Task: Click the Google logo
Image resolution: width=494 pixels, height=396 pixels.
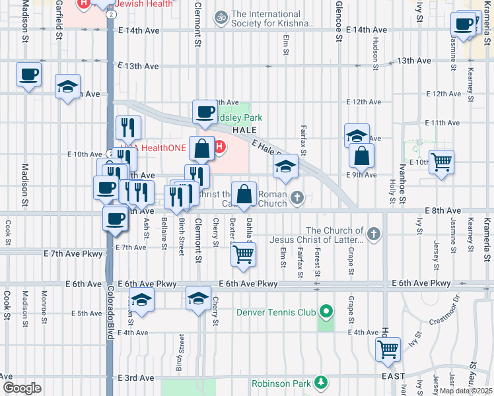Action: tap(21, 388)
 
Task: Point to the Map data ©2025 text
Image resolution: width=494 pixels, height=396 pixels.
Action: tap(466, 391)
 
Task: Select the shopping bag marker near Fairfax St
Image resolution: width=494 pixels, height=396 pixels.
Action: tap(361, 156)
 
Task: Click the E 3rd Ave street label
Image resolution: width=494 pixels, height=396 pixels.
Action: tap(136, 378)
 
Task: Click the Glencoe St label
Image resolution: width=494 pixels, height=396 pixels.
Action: tap(338, 20)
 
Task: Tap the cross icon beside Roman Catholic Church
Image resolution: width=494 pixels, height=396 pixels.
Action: tap(298, 197)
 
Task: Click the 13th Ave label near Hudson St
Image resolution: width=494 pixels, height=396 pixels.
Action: tap(414, 61)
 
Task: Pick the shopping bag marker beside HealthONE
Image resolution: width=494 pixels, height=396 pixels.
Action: tap(201, 149)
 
